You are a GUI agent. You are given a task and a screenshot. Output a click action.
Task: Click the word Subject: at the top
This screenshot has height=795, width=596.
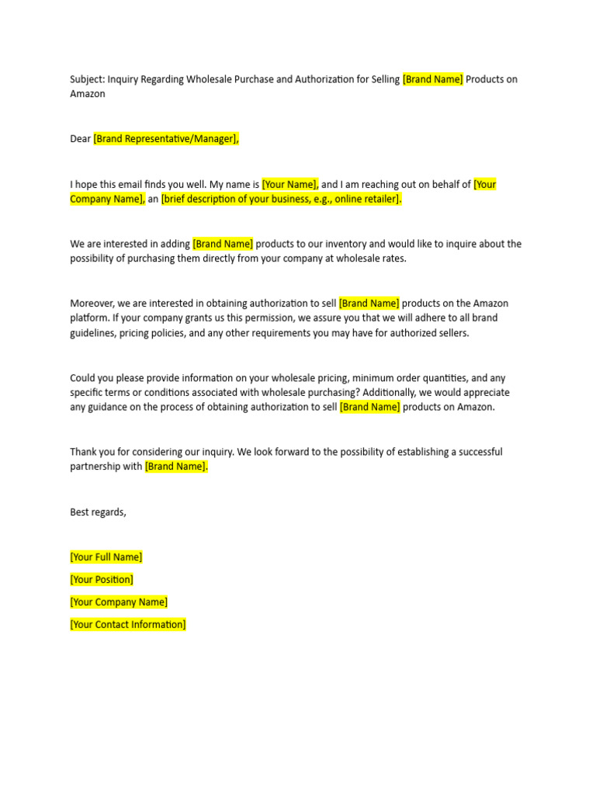[x=87, y=79]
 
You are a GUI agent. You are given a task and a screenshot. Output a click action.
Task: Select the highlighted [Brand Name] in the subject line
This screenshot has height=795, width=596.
[x=432, y=79]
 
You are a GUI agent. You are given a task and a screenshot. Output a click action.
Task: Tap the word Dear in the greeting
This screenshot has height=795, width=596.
[x=80, y=139]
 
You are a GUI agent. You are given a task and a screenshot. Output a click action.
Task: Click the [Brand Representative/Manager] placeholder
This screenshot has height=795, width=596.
[x=166, y=139]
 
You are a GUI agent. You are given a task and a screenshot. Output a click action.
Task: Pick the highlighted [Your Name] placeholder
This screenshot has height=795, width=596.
[x=289, y=184]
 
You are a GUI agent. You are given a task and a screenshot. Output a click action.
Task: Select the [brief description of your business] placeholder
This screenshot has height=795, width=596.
[x=281, y=200]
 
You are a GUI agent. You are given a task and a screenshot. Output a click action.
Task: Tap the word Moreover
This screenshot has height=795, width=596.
[x=92, y=304]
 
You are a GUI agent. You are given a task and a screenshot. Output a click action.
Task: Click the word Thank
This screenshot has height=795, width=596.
[x=83, y=452]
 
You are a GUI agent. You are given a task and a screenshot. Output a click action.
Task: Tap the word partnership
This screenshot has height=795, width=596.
[x=95, y=467]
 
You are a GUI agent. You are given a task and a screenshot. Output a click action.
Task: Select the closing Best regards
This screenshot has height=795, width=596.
[x=98, y=512]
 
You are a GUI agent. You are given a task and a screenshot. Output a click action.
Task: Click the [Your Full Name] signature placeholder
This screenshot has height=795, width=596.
[x=106, y=557]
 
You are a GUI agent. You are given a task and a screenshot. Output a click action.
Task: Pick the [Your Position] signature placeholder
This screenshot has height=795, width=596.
[x=102, y=580]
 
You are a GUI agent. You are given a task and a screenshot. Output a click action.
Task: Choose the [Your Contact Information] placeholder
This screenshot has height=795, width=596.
[x=128, y=625]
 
